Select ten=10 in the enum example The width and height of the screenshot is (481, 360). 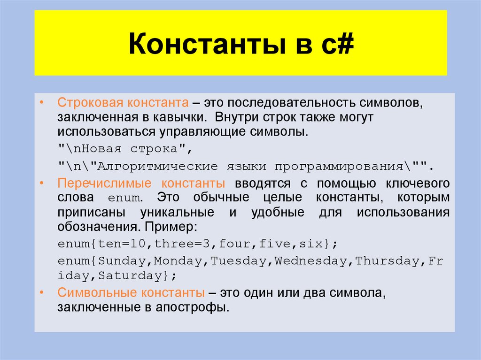pyautogui.click(x=121, y=245)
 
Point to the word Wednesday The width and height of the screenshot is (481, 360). pyautogui.click(x=311, y=261)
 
